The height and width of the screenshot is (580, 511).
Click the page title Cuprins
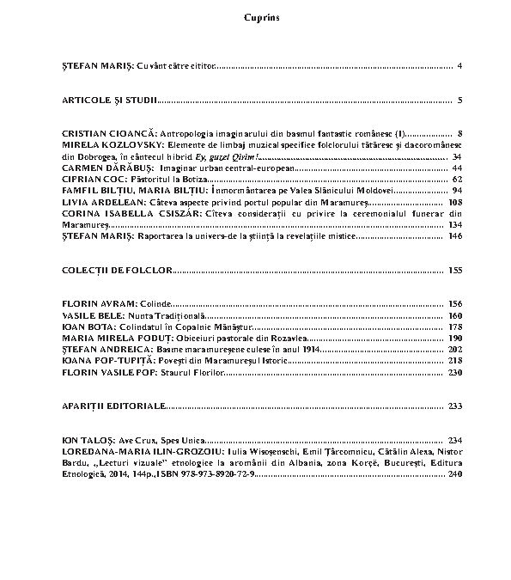(x=255, y=17)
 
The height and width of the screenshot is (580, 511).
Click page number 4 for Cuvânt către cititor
(x=460, y=66)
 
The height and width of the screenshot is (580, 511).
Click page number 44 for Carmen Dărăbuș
(x=456, y=168)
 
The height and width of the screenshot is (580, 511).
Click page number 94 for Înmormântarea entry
(x=456, y=191)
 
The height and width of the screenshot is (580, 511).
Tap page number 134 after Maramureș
(x=454, y=224)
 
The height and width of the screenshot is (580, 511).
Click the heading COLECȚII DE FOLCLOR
(x=117, y=270)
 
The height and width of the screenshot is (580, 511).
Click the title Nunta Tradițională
(x=163, y=315)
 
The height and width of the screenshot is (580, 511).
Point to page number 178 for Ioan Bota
(x=454, y=327)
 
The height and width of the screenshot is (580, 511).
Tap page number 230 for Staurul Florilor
(x=454, y=373)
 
